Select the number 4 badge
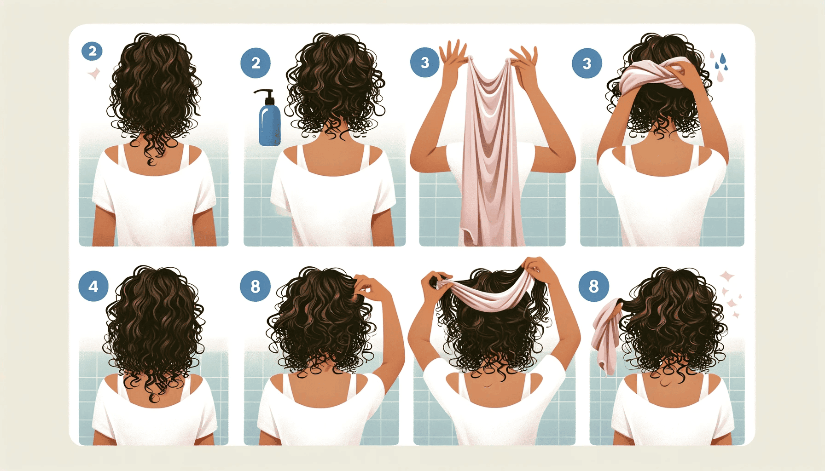pos(93,286)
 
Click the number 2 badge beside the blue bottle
pos(256,63)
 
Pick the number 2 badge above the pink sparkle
pos(92,51)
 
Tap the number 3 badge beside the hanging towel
pos(424,63)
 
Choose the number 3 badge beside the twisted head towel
pos(587,63)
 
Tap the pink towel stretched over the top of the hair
pos(483,294)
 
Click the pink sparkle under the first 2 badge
pos(94,74)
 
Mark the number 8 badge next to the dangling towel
pos(593,286)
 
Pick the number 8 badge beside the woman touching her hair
pos(255,286)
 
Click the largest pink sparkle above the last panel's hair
pos(727,276)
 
